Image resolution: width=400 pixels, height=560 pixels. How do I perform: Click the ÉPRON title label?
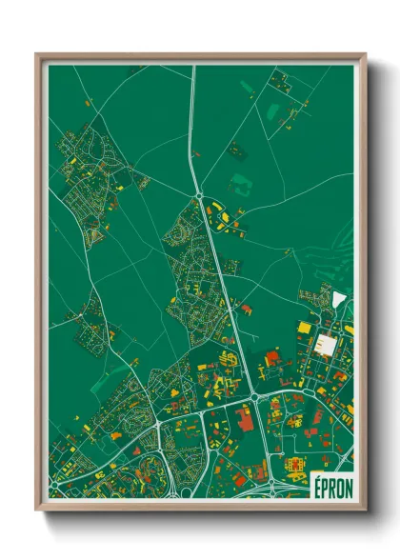(x=331, y=484)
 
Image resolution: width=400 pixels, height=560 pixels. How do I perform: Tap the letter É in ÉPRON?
(x=316, y=484)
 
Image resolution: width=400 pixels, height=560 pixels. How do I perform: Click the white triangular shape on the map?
(x=339, y=299)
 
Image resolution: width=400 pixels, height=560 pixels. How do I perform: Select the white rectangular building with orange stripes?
(x=326, y=344)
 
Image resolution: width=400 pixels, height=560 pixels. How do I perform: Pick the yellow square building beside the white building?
(x=305, y=328)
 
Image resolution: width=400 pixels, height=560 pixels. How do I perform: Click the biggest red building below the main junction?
(x=245, y=417)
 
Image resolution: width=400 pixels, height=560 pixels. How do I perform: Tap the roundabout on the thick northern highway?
(x=199, y=194)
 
